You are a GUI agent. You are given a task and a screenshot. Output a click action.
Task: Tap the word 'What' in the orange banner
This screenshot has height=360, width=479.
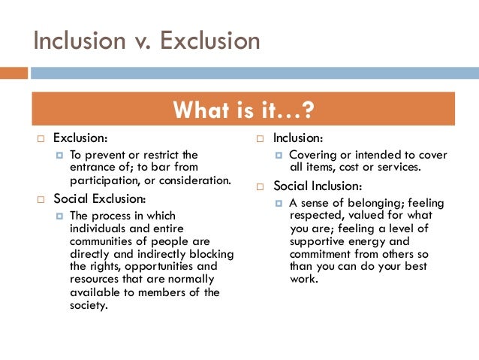coord(197,110)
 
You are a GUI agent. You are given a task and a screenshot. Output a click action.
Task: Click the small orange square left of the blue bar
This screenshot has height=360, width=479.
coord(14,74)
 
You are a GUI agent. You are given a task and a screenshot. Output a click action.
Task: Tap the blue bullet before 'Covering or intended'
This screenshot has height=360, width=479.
coord(279,156)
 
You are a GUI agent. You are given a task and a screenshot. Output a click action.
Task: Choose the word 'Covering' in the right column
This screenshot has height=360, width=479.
coord(313,155)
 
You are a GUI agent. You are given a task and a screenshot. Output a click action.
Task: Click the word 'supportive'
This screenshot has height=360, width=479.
coord(317,241)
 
